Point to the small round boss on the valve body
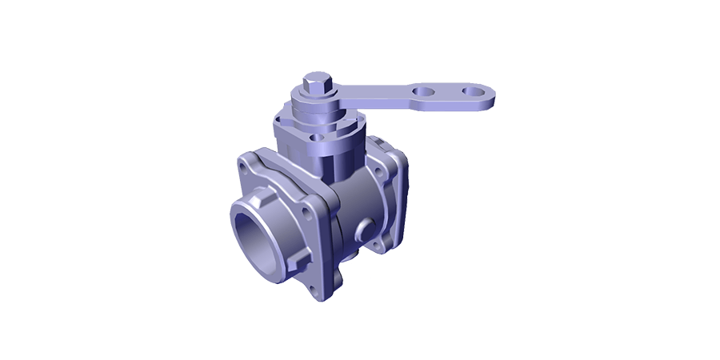[x=368, y=230]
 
